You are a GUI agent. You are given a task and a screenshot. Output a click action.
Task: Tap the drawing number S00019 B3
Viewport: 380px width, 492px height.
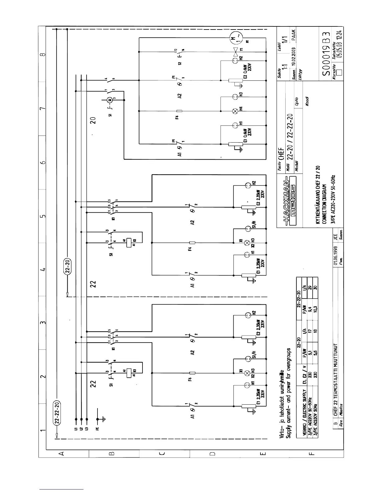click(325, 54)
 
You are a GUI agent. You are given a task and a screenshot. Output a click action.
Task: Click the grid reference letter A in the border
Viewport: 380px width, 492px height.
click(61, 453)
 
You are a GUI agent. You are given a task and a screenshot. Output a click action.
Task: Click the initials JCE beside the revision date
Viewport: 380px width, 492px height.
click(336, 238)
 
